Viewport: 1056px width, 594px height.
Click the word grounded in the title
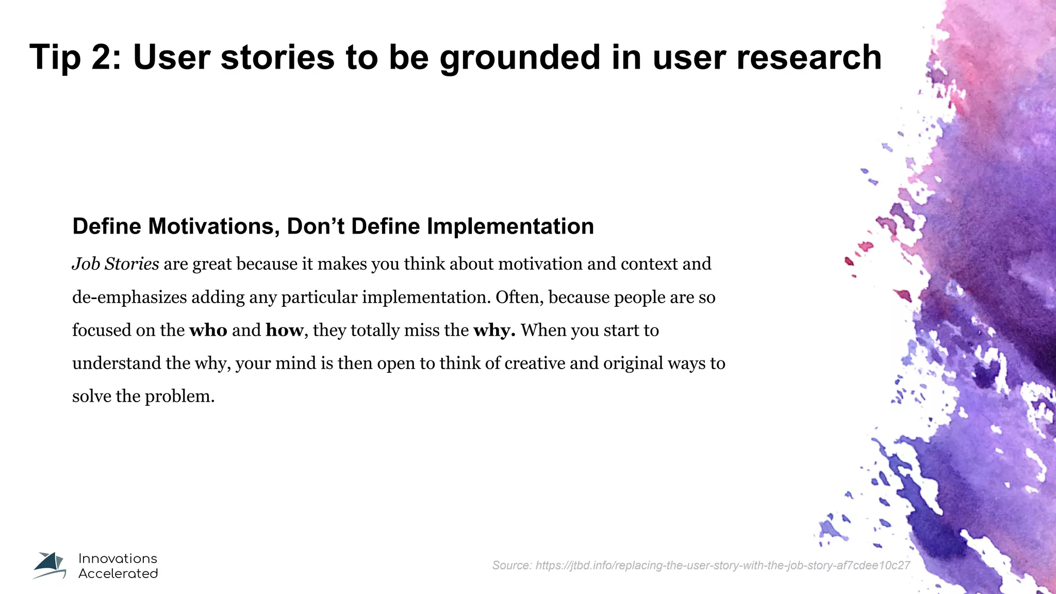coord(520,58)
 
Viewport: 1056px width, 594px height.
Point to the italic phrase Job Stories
coord(115,264)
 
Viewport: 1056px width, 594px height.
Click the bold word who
coord(208,330)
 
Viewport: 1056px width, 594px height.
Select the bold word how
coord(284,330)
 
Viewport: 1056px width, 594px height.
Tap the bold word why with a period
coord(494,331)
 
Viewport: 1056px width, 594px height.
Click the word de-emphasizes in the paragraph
coord(129,298)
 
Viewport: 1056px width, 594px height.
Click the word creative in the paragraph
coord(535,364)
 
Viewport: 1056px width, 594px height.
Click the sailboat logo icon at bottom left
coord(50,566)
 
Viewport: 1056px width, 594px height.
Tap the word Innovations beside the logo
coord(118,558)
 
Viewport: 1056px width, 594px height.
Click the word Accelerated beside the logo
coord(118,573)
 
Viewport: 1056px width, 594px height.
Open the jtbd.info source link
coord(722,566)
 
